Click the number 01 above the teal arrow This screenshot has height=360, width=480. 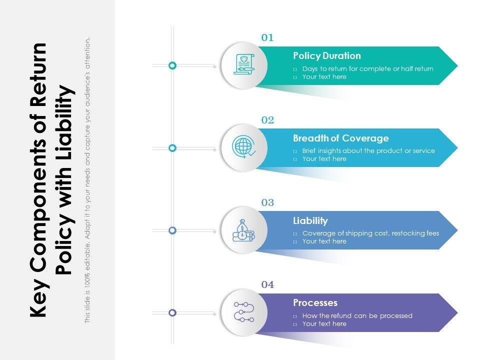coord(267,37)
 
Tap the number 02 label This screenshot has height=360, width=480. coord(267,120)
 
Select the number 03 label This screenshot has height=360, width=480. coord(267,202)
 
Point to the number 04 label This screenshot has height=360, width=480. coord(267,285)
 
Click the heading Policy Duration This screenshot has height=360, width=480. coord(326,55)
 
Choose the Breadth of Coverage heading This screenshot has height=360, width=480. coord(340,138)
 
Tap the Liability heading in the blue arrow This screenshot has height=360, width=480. coord(310,220)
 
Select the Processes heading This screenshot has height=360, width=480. coord(315,302)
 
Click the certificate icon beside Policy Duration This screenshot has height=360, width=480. coord(243,65)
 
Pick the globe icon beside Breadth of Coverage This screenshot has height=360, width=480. coord(243,147)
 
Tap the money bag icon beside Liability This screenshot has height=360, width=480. coord(243,230)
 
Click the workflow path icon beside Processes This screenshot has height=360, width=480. coord(243,312)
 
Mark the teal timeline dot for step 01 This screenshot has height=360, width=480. coord(172,65)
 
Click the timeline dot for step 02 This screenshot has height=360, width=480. coord(172,148)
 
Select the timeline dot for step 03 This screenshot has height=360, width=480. coord(172,230)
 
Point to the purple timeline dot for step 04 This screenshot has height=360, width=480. coord(172,312)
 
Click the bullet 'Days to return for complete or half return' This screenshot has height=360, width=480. coord(367,68)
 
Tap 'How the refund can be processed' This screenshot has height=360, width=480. coord(357,315)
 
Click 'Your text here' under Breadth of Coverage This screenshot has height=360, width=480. coord(324,159)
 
